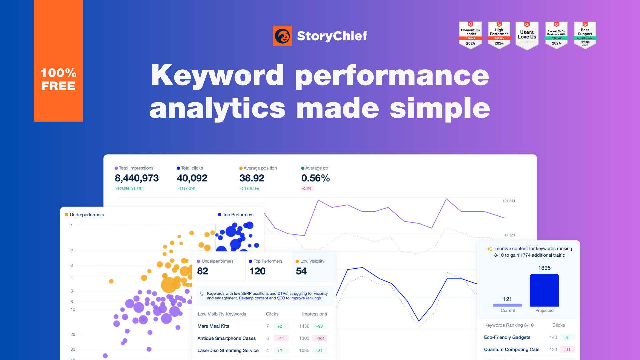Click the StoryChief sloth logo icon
click(x=282, y=36)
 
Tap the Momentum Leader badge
click(x=470, y=35)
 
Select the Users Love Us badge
click(x=527, y=35)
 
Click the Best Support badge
click(x=585, y=35)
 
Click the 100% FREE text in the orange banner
click(x=58, y=79)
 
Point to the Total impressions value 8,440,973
click(x=137, y=178)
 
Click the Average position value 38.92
click(x=252, y=178)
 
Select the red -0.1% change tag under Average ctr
click(x=307, y=189)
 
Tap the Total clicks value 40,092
click(x=192, y=178)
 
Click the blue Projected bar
click(x=544, y=290)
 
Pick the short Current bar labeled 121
click(x=507, y=305)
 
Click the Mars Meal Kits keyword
click(x=213, y=326)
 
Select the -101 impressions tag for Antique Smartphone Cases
click(x=320, y=338)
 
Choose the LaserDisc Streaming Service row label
click(x=228, y=351)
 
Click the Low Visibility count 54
click(x=301, y=271)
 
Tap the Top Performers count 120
click(x=257, y=271)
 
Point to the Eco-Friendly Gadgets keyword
click(x=507, y=337)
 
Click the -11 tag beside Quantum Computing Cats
click(x=567, y=350)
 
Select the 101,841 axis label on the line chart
click(x=509, y=201)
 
